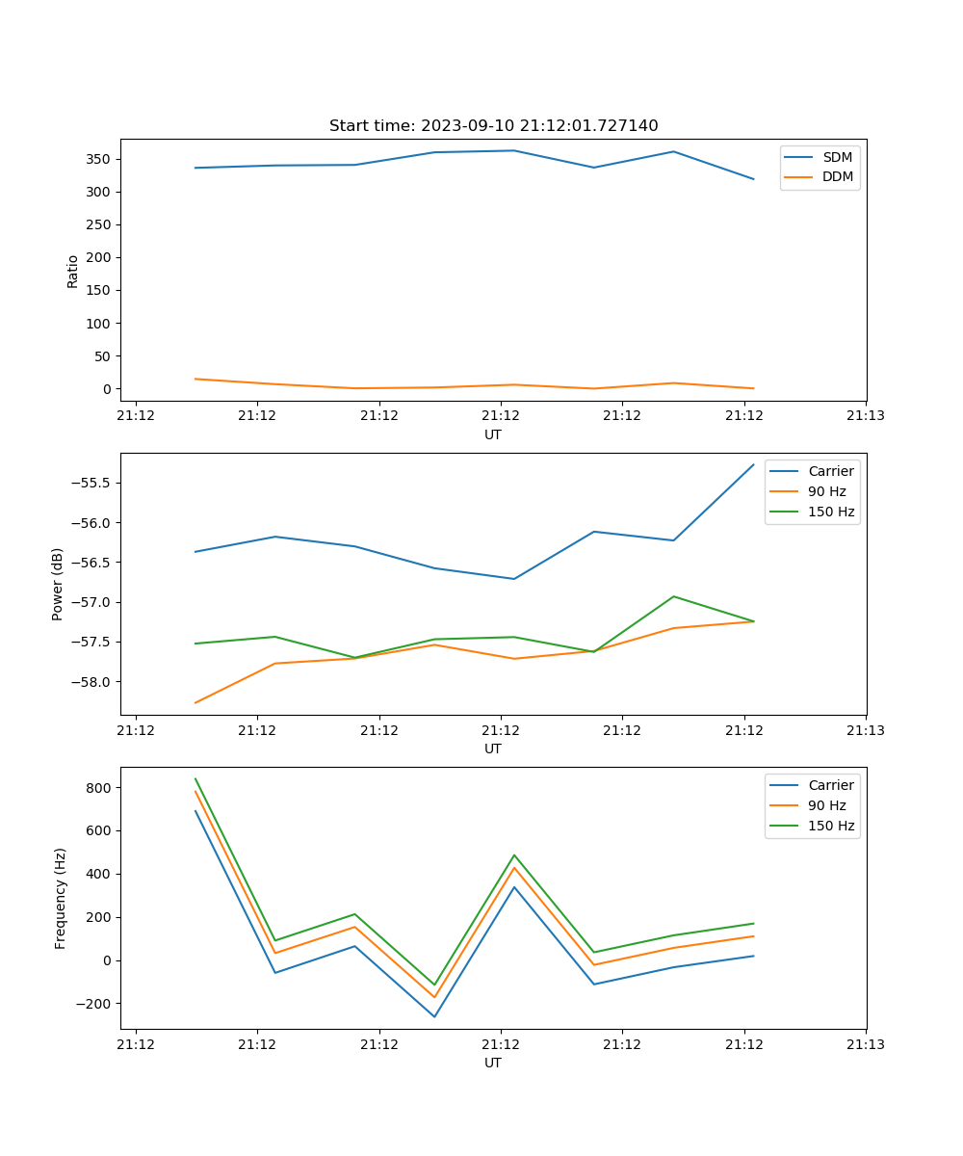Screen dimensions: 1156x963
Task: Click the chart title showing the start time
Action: tap(493, 125)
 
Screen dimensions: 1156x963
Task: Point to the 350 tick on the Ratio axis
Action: tap(99, 159)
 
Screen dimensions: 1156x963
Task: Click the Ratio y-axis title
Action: tap(73, 271)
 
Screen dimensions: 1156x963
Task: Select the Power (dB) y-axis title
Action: tap(58, 584)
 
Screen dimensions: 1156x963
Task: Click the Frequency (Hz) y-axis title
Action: tap(61, 898)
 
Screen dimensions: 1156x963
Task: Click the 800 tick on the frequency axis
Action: tap(99, 788)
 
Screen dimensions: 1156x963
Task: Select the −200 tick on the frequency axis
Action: tap(94, 1004)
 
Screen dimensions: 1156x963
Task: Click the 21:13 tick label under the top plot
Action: tap(866, 416)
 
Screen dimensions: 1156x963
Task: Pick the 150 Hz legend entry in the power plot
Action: tap(831, 512)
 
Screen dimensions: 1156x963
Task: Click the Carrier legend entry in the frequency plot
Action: tap(830, 785)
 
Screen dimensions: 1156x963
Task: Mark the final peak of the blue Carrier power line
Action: tap(753, 465)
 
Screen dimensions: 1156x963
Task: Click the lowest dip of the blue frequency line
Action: tap(434, 1016)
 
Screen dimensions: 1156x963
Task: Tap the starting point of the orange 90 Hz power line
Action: tap(195, 702)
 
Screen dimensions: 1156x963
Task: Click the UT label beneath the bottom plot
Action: tap(493, 1063)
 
